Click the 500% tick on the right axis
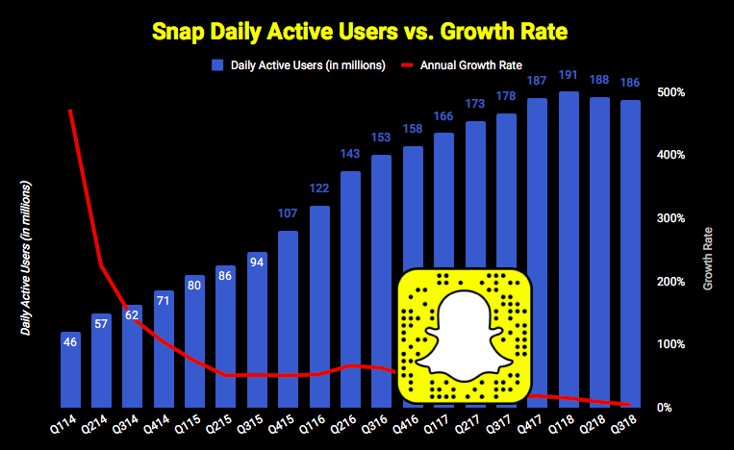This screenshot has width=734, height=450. click(671, 92)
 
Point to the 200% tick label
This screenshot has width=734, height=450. click(671, 282)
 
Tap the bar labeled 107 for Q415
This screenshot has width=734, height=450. click(288, 317)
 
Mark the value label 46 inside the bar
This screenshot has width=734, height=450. click(71, 340)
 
